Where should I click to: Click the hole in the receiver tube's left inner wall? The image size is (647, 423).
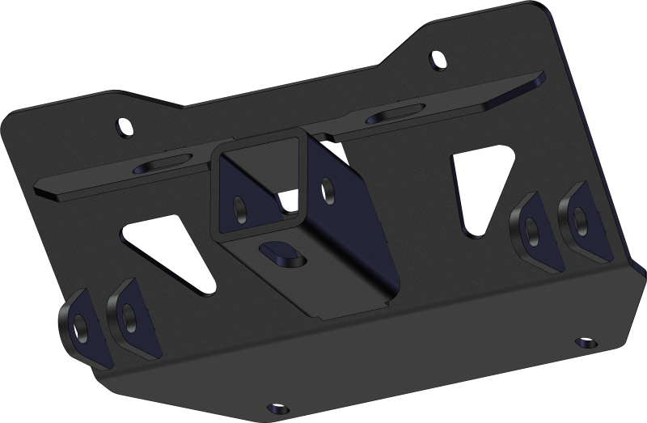pyautogui.click(x=240, y=206)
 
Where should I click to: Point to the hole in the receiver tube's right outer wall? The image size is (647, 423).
pyautogui.click(x=328, y=188)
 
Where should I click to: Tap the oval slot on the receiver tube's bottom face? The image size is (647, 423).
pyautogui.click(x=280, y=252)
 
